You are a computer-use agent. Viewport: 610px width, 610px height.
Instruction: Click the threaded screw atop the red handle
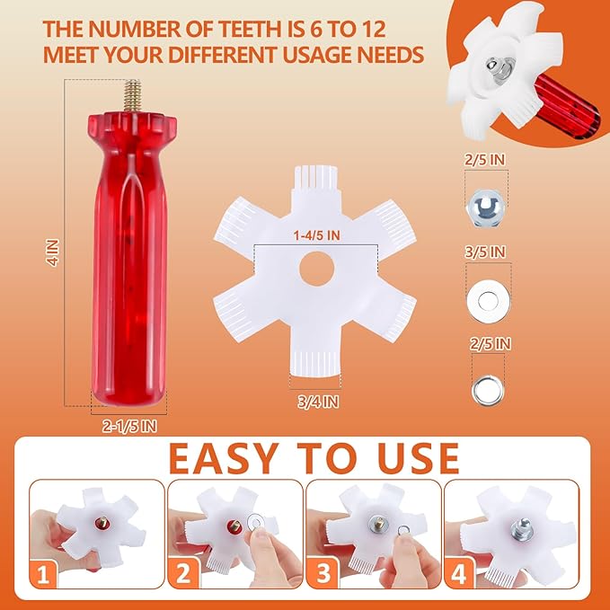click(x=133, y=96)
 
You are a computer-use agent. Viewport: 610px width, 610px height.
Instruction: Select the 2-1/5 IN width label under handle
click(x=129, y=427)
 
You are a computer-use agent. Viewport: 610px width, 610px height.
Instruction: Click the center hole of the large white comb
click(x=316, y=269)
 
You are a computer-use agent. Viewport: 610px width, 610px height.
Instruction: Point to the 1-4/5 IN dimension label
click(x=316, y=235)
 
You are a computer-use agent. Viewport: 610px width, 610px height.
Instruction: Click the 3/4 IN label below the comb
click(x=318, y=402)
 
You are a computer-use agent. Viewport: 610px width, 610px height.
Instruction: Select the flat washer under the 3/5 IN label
click(x=488, y=301)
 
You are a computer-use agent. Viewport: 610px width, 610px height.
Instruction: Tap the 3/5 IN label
click(x=485, y=252)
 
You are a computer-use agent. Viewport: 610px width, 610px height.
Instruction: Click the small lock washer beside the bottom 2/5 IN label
click(x=488, y=389)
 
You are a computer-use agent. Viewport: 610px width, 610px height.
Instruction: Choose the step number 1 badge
click(x=43, y=574)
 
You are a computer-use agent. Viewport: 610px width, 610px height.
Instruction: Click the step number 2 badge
click(x=183, y=574)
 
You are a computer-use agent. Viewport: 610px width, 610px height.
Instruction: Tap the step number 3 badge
click(x=323, y=574)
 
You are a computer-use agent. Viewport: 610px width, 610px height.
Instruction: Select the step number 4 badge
click(x=459, y=574)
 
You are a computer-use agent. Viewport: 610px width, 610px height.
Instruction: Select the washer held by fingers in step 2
click(x=256, y=521)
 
